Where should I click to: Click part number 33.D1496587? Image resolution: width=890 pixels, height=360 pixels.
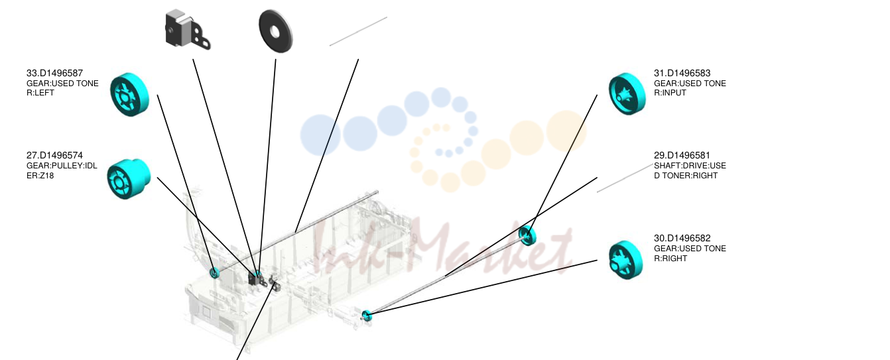click(x=54, y=73)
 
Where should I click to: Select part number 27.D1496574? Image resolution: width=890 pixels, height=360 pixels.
click(x=54, y=155)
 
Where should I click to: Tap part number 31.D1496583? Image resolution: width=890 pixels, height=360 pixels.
click(x=682, y=73)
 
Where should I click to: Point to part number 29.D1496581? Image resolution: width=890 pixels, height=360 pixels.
click(x=682, y=155)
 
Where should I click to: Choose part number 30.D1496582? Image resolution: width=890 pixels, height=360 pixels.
click(x=682, y=238)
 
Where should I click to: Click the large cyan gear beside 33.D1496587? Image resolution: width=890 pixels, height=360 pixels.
click(x=129, y=95)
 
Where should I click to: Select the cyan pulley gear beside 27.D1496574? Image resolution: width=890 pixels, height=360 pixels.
click(x=129, y=179)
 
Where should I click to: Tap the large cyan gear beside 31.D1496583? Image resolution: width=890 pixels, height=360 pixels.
click(x=627, y=93)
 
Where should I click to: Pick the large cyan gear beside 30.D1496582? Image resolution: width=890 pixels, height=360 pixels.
click(x=626, y=260)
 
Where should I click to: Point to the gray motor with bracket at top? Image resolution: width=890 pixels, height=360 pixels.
click(x=188, y=30)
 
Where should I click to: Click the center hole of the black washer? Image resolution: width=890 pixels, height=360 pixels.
click(x=275, y=31)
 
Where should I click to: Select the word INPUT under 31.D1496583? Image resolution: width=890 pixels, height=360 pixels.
click(x=674, y=93)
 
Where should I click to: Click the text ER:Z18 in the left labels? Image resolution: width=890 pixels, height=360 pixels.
click(x=40, y=176)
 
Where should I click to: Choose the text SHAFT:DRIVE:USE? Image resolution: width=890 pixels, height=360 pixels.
click(x=690, y=166)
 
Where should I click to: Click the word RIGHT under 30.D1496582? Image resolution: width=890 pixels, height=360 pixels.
click(x=674, y=259)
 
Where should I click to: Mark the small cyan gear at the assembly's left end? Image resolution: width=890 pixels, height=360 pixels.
click(x=214, y=272)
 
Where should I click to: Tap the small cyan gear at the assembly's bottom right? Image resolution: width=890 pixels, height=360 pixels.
click(x=366, y=316)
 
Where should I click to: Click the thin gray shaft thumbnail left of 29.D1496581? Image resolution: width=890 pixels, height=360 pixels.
click(x=625, y=178)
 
